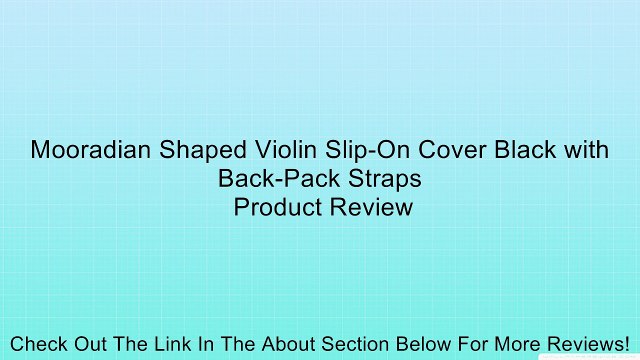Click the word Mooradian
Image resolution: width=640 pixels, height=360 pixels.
point(86,151)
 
